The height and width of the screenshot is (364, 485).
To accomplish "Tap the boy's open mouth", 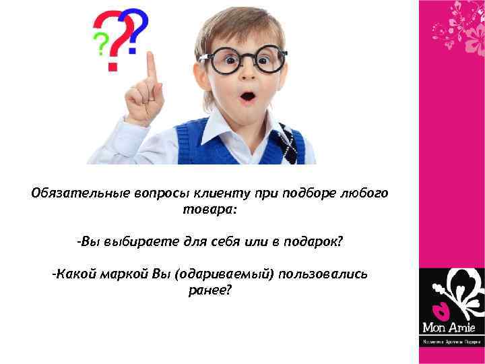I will tap(248, 97).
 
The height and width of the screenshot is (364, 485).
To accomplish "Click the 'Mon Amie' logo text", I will tap(449, 328).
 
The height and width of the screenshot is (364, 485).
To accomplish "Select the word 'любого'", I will tap(367, 193).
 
